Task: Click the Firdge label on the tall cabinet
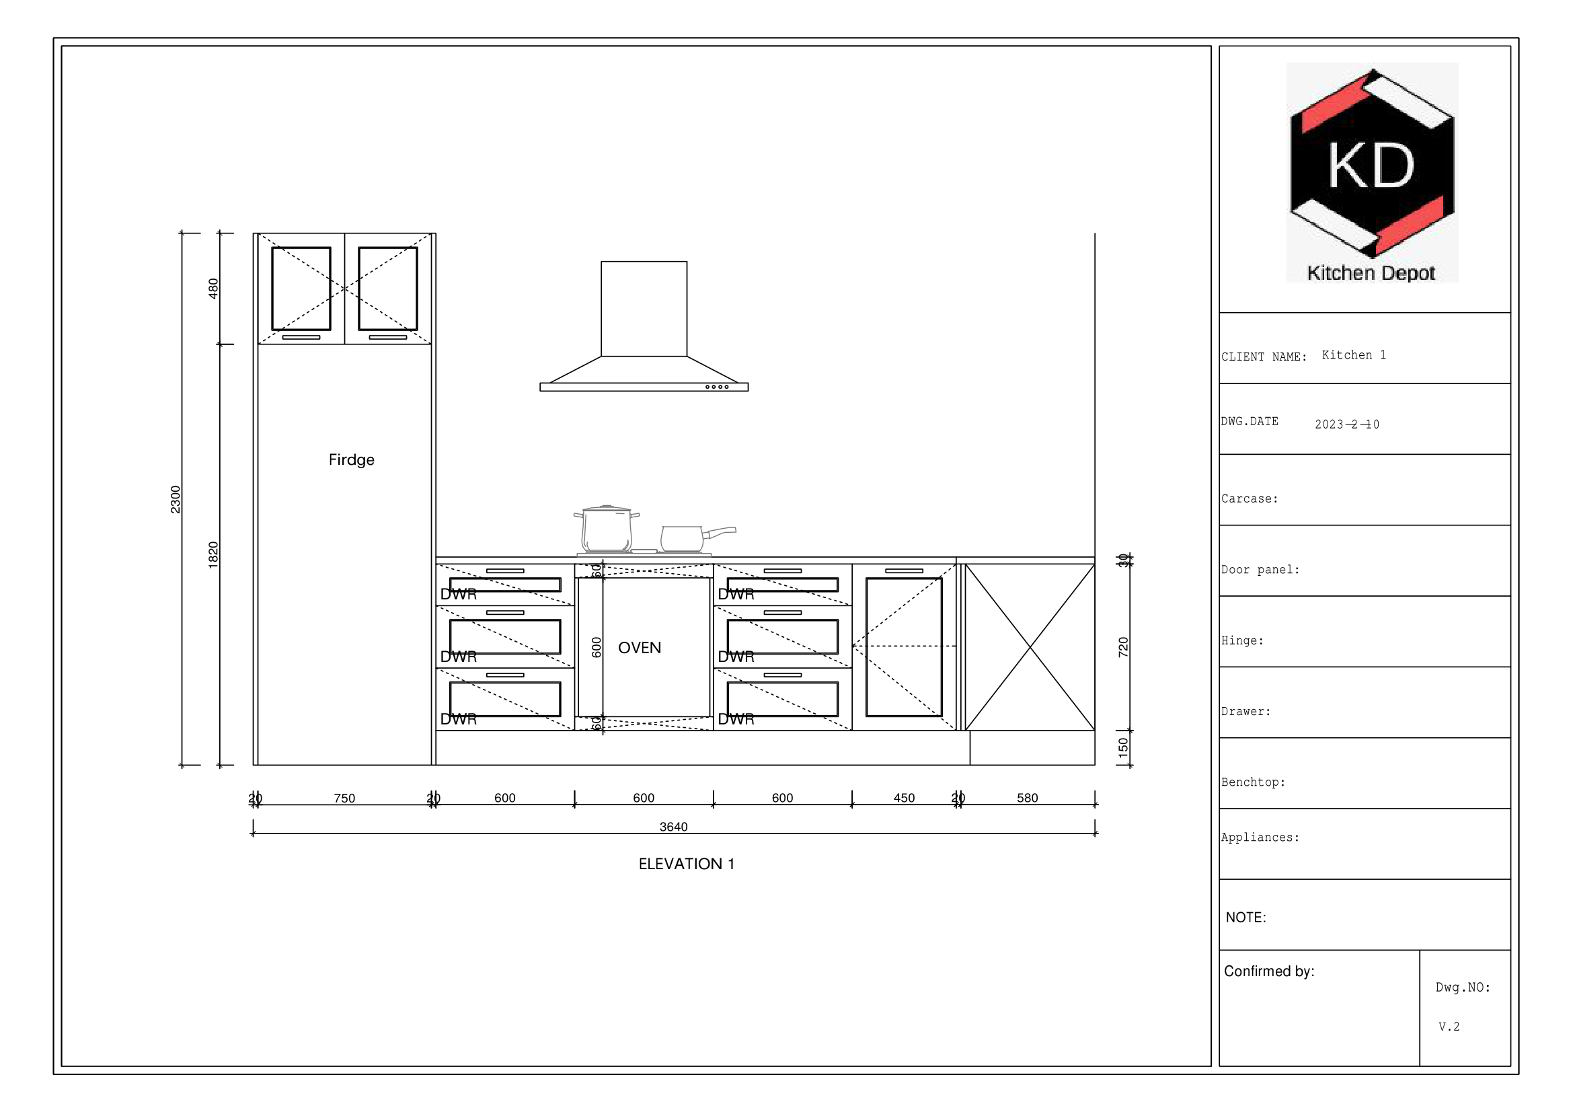point(351,459)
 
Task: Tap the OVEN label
point(639,647)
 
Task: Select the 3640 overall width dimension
point(673,827)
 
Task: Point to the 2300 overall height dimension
point(176,498)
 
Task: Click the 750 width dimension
point(344,799)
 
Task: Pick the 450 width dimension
point(904,799)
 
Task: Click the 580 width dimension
point(1027,799)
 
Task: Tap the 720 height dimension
point(1123,646)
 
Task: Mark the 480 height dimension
point(213,288)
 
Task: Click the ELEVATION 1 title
point(686,864)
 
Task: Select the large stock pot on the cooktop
point(607,529)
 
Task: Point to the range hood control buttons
point(717,387)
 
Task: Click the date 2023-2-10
point(1346,424)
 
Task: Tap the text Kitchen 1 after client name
point(1353,355)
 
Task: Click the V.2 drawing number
point(1449,1027)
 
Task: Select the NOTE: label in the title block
point(1245,918)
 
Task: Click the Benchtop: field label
point(1252,782)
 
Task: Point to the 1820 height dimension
point(213,554)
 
